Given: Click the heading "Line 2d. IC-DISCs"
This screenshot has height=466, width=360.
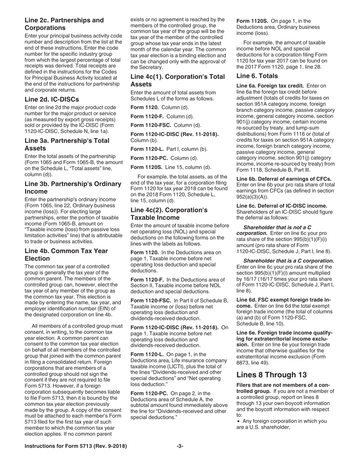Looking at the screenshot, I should (52, 99).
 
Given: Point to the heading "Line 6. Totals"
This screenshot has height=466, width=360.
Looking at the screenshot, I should (257, 76).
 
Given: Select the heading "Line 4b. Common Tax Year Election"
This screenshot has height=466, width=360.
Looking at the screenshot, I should (66, 255).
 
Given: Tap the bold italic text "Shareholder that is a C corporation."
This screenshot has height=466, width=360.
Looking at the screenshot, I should (288, 261).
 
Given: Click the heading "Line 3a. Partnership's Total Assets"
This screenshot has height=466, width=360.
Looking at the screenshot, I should (67, 144).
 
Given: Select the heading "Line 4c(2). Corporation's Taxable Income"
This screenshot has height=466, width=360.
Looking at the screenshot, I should (169, 214).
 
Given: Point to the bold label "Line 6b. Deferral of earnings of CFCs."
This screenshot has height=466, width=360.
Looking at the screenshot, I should (284, 179).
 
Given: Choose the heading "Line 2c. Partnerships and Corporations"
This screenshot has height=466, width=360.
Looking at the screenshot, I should (64, 24).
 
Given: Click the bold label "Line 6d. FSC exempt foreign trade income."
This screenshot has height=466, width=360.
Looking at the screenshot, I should (283, 303).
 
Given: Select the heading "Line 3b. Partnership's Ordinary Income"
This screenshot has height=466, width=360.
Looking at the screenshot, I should (73, 188).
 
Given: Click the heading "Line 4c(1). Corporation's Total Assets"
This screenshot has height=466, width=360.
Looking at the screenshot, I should (177, 80).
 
